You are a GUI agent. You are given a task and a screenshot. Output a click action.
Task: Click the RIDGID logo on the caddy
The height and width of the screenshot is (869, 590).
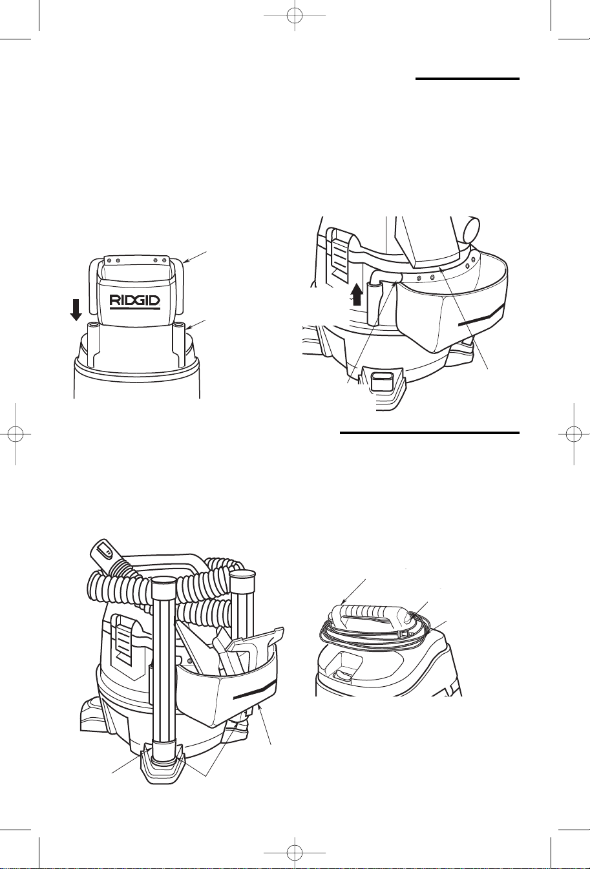point(134,302)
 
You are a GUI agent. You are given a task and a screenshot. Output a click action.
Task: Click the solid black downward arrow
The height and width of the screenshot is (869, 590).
point(77,309)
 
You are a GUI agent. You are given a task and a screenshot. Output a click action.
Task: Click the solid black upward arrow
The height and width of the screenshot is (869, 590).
point(357,295)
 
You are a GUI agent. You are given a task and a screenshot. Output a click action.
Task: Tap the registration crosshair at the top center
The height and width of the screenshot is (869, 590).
point(295,16)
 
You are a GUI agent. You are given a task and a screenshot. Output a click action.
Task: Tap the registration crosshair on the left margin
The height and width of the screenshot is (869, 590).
point(16,434)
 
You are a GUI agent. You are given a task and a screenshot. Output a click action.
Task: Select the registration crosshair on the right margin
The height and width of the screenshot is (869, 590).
point(574,434)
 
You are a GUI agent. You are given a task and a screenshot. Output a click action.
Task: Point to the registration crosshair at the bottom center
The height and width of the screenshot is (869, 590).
point(295,853)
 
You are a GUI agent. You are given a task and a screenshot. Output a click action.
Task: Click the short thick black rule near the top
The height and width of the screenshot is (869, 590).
point(467,79)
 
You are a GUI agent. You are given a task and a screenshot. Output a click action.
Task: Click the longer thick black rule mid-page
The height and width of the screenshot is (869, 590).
point(429,433)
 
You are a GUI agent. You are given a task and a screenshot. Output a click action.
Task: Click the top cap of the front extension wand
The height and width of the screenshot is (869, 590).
point(163,583)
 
